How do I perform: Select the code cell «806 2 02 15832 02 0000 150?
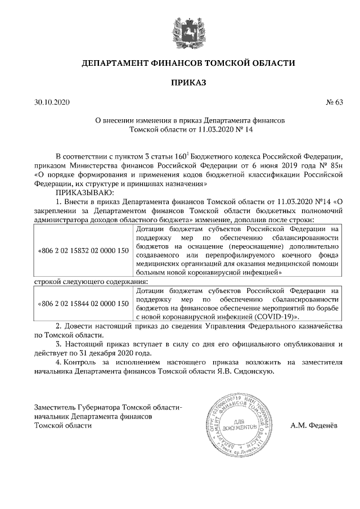(x=82, y=250)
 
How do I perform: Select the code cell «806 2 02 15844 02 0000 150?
(x=82, y=304)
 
